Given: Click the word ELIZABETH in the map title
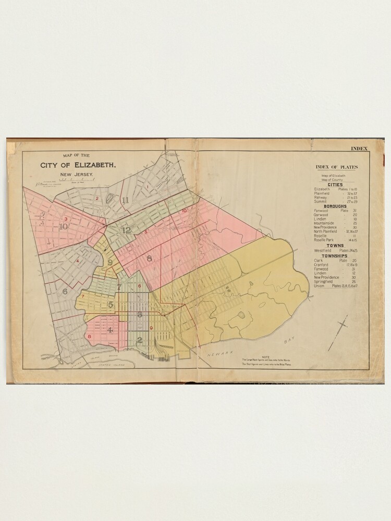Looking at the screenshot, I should click(x=95, y=166).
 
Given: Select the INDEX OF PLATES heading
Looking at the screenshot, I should click(x=336, y=167).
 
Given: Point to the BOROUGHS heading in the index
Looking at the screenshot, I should click(x=336, y=206).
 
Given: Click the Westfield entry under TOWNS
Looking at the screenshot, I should click(x=323, y=250).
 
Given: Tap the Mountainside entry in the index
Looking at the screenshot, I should click(x=326, y=223).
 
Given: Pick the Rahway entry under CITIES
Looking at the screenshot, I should click(x=321, y=198).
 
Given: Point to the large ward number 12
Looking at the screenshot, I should click(x=126, y=230).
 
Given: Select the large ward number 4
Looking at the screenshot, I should click(x=109, y=330).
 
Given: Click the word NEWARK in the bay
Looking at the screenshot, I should click(x=218, y=356).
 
